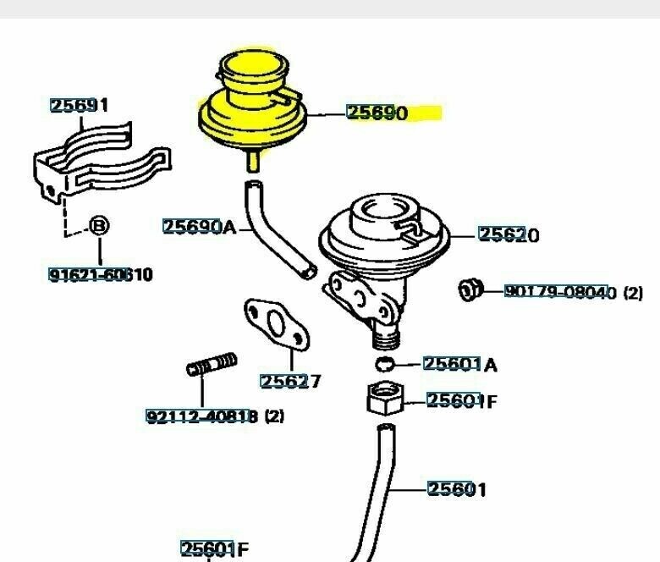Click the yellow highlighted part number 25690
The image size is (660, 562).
377,113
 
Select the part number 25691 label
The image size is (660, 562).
79,106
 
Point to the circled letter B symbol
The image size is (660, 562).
99,227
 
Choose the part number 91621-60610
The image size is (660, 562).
100,274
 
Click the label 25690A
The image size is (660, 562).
200,226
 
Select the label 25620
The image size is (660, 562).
509,234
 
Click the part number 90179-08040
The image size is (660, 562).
561,292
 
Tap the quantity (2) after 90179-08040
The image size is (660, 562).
633,293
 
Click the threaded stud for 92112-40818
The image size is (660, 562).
211,366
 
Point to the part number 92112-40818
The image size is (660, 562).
201,416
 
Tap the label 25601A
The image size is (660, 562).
459,364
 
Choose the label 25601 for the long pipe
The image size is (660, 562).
457,488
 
